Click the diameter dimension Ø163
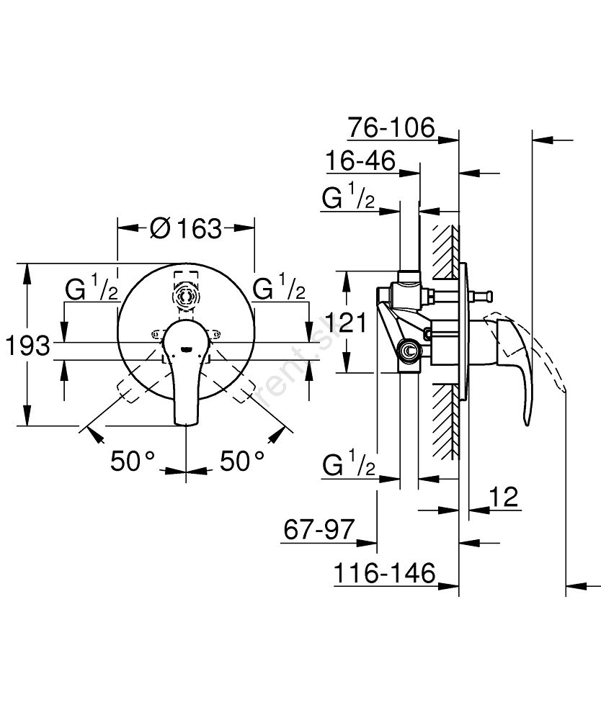coord(186,228)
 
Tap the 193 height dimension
coord(28,346)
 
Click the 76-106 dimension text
coord(391,128)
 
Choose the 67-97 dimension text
coord(319,531)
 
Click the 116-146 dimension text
coord(385,573)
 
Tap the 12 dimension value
coord(504,497)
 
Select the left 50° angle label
coord(133,461)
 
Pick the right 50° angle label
coord(242,461)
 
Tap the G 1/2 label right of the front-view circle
coord(279,289)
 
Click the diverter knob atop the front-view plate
coord(186,295)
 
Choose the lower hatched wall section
coord(444,418)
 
